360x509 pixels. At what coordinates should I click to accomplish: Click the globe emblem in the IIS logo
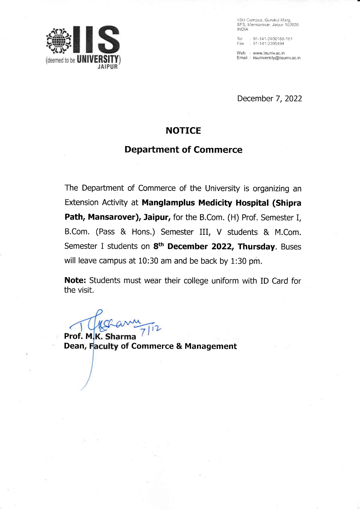59,41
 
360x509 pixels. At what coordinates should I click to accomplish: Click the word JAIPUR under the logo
108,67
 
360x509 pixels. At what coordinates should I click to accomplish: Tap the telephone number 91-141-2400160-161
273,39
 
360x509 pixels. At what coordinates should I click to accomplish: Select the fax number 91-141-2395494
269,44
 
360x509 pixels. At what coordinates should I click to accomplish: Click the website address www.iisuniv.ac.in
269,53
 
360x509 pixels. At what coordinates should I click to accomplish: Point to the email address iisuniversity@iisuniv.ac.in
277,58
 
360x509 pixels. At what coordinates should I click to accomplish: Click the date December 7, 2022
269,99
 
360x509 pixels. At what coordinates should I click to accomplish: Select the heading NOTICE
183,131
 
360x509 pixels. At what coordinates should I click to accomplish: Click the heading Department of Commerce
183,150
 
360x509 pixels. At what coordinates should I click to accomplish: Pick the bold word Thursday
256,247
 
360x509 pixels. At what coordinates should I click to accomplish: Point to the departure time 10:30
148,261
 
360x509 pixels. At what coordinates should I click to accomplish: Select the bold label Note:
75,280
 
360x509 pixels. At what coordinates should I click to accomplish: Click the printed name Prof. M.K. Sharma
100,336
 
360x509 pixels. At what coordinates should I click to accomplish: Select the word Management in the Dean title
210,346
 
